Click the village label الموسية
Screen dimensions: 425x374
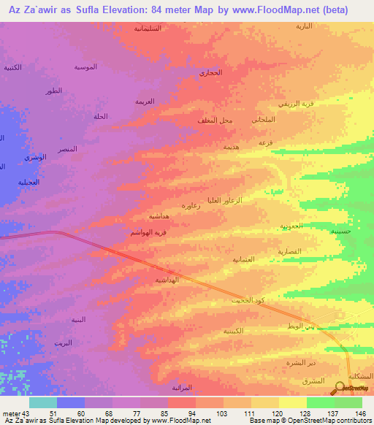coord(85,67)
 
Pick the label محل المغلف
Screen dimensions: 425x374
coord(215,120)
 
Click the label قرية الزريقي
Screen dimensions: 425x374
coord(319,104)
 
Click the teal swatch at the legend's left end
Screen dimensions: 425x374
coord(42,402)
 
